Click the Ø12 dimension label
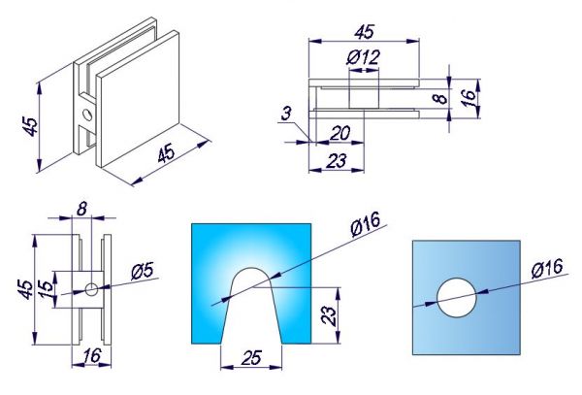[x=364, y=57]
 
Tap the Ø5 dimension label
[x=142, y=272]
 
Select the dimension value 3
[x=286, y=114]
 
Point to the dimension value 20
[x=339, y=133]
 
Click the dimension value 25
[x=251, y=357]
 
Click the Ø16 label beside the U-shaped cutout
[x=366, y=223]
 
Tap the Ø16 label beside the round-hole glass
[x=547, y=268]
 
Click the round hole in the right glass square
[x=457, y=298]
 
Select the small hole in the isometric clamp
[x=87, y=115]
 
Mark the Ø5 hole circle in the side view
[x=91, y=289]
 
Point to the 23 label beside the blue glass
[x=329, y=315]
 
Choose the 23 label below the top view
[x=337, y=161]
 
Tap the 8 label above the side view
[x=81, y=209]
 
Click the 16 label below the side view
[x=91, y=355]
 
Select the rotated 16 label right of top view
[x=469, y=98]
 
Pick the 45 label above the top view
[x=364, y=32]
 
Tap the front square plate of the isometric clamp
[x=138, y=99]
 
